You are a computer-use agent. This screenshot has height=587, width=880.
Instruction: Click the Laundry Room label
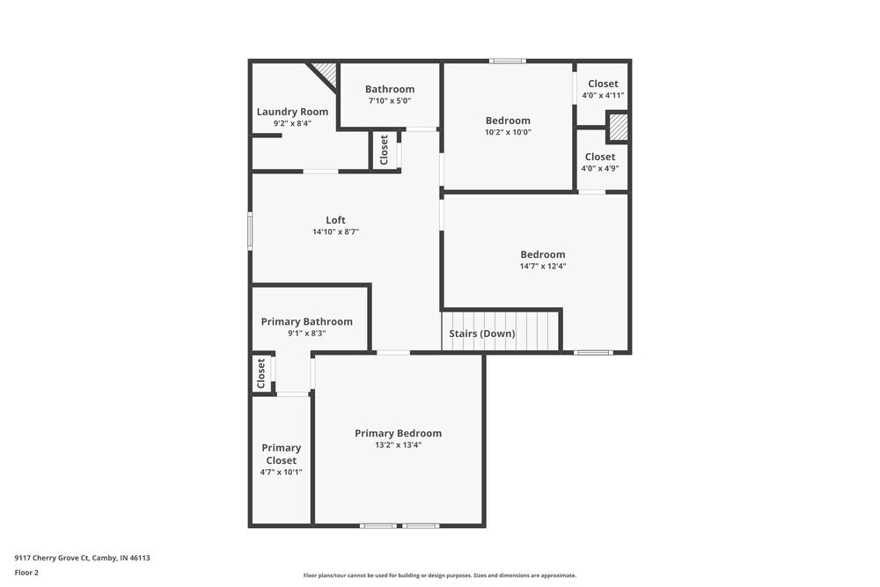tap(292, 112)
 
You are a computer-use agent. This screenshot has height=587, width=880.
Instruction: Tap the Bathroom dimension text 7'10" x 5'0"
tap(389, 101)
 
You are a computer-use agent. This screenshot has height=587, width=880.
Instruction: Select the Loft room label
tap(335, 220)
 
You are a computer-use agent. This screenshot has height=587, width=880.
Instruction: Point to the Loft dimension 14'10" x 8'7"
tap(335, 232)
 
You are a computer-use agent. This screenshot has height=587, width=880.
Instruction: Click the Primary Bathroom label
tap(306, 322)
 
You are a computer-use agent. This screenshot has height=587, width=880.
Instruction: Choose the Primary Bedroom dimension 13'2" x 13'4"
tap(398, 445)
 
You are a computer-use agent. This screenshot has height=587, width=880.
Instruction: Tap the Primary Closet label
tap(281, 454)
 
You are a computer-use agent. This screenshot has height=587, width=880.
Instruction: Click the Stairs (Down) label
tap(482, 334)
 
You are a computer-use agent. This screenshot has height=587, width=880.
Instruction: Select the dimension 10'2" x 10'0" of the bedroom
tap(508, 132)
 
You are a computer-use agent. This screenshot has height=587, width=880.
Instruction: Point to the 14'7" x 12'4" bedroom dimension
tap(542, 266)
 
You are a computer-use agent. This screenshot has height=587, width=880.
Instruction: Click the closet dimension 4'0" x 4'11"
tap(603, 95)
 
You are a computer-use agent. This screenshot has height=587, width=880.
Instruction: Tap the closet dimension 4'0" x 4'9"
tap(599, 168)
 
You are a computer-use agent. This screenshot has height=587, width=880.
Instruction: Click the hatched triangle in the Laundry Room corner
tap(327, 71)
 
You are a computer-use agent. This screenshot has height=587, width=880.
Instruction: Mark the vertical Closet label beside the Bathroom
tap(384, 150)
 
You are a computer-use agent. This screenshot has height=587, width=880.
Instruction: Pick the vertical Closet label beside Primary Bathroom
tap(261, 373)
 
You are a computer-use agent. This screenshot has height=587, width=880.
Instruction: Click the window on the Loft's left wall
tap(250, 231)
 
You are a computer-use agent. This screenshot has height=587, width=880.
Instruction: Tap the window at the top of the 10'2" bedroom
tap(507, 61)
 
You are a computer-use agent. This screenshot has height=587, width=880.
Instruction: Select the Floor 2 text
tap(26, 572)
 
